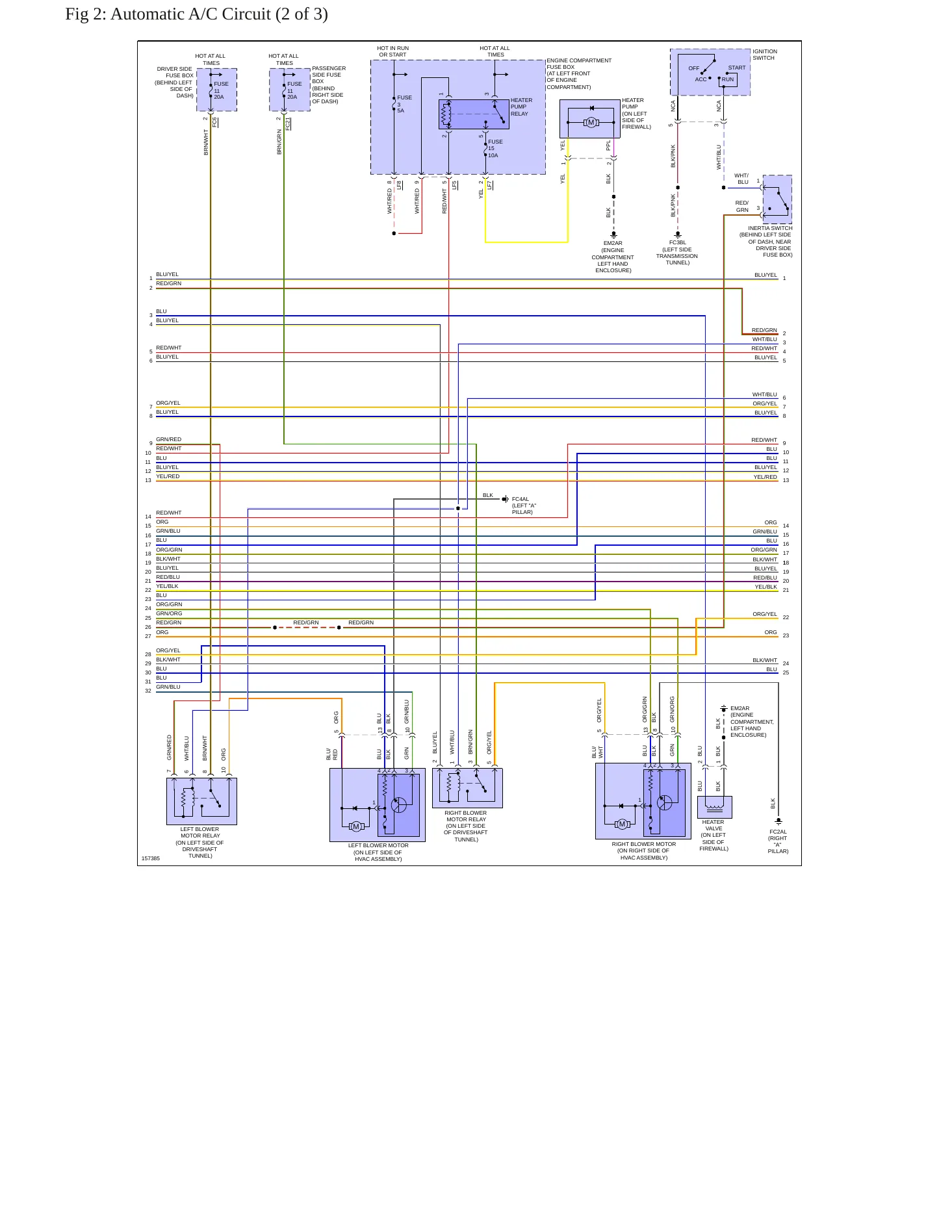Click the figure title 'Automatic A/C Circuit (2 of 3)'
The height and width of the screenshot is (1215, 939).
point(219,14)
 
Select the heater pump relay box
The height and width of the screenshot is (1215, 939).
point(474,114)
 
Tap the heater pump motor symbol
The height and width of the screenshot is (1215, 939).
point(591,122)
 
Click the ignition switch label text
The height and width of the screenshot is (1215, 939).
point(765,55)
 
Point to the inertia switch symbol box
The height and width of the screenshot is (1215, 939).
point(777,199)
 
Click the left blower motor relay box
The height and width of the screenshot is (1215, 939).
point(201,801)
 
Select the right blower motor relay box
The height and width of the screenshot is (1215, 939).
point(467,788)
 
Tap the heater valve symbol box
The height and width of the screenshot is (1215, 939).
point(715,807)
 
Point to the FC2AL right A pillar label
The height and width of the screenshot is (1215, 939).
point(778,841)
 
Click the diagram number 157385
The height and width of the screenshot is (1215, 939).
point(151,858)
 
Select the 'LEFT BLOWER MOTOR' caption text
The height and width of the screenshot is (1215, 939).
point(378,845)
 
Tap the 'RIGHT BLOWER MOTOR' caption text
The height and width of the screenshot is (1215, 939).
point(644,844)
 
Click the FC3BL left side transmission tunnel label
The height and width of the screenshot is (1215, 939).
point(677,253)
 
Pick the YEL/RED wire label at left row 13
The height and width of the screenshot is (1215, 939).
point(168,476)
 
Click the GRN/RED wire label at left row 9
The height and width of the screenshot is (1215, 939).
point(169,439)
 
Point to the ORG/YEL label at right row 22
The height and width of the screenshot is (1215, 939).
point(765,614)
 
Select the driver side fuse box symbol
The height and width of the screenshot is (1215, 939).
point(217,90)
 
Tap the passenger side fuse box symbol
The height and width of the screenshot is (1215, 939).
point(290,90)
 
